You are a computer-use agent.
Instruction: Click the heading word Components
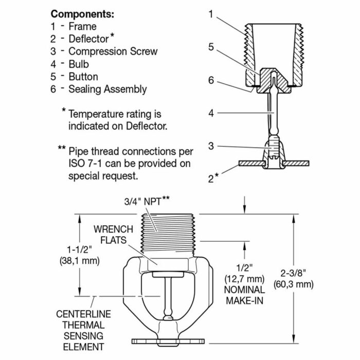[83, 13]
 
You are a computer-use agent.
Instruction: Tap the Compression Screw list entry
[113, 51]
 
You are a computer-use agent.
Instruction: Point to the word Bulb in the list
[78, 64]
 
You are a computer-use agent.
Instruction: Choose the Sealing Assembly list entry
[107, 89]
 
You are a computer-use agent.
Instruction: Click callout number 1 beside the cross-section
[211, 14]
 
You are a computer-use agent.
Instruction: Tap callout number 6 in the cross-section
[211, 80]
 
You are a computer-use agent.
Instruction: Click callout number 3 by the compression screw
[211, 146]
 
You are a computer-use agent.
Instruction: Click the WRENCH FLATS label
[113, 234]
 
